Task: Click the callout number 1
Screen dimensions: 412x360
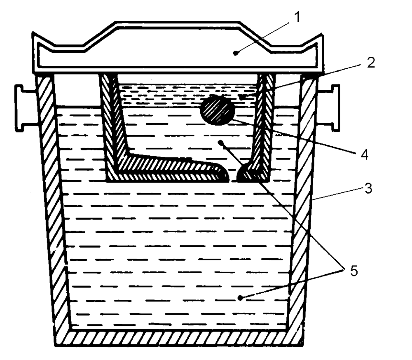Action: tap(297, 18)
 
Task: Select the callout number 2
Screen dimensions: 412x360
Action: tap(370, 63)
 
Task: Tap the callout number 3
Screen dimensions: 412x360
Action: tap(368, 188)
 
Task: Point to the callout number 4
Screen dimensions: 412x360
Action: tap(364, 154)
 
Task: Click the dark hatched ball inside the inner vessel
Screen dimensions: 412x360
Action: tap(217, 110)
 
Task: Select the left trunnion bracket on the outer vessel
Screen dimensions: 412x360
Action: tap(26, 108)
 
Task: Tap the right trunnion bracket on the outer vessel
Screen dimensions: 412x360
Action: tap(328, 108)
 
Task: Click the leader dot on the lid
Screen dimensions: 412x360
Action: tap(236, 53)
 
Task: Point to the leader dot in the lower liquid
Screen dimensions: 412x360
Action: tap(240, 298)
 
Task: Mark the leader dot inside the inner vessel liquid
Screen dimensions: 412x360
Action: tap(220, 143)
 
